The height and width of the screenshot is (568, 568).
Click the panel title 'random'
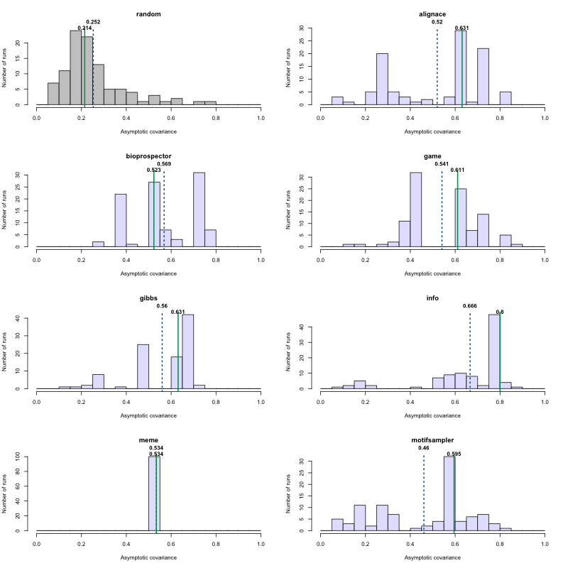click(x=148, y=13)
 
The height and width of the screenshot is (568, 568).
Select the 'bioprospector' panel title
click(x=148, y=155)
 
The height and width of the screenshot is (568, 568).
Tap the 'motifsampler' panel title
click(x=432, y=439)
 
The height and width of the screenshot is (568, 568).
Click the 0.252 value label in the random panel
click(x=94, y=22)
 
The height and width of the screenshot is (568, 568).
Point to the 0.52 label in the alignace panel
click(x=437, y=22)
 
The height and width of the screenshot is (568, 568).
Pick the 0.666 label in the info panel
click(x=470, y=306)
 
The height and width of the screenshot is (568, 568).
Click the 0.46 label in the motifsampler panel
click(x=424, y=448)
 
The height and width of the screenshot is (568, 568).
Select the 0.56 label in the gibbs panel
click(x=162, y=306)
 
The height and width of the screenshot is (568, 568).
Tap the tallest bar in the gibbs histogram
click(x=188, y=351)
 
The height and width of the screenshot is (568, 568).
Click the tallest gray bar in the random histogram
click(x=76, y=67)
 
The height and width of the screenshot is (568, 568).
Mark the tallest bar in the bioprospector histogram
click(x=199, y=209)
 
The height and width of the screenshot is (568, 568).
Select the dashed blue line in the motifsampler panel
click(x=424, y=497)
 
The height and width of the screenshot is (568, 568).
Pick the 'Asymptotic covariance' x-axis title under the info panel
click(x=432, y=415)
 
